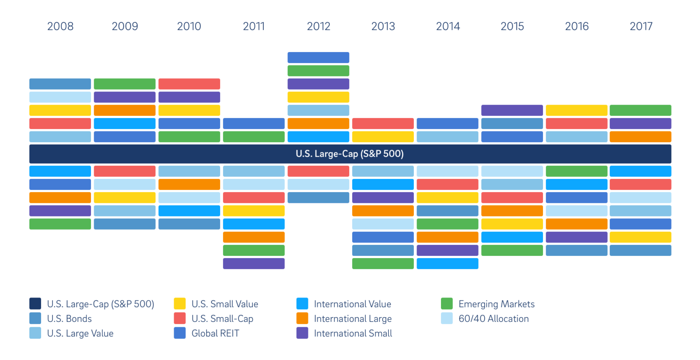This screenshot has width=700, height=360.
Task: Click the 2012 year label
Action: pos(318,26)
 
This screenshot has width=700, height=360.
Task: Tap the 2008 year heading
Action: pos(60,26)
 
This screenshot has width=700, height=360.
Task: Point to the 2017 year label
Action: pos(641,26)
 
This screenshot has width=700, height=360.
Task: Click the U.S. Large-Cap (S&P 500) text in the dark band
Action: pos(350,154)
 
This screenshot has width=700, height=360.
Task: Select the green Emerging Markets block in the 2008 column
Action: pos(60,224)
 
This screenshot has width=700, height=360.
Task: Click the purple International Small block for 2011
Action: pos(254,263)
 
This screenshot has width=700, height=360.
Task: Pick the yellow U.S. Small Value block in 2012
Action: pos(318,97)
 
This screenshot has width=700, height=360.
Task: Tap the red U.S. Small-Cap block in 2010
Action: pos(189,84)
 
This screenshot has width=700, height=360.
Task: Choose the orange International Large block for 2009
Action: pos(125,110)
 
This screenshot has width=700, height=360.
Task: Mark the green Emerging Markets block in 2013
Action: pos(383,263)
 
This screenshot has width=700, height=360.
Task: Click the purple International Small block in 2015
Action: pos(512,110)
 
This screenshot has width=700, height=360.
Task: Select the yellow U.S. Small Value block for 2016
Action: pos(577,110)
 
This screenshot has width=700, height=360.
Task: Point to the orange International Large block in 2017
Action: pos(640,136)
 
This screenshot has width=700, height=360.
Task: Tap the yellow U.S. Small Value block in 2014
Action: pos(448,198)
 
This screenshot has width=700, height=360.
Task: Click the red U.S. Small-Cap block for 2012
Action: pos(318,171)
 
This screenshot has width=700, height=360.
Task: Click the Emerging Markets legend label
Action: pos(497,304)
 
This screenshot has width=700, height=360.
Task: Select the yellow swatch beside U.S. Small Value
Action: pos(180,304)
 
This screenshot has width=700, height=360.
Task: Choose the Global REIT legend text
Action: pos(215,333)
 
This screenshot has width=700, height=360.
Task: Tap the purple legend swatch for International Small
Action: pos(302,333)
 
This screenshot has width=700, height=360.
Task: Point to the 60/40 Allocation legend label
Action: pos(493,318)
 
